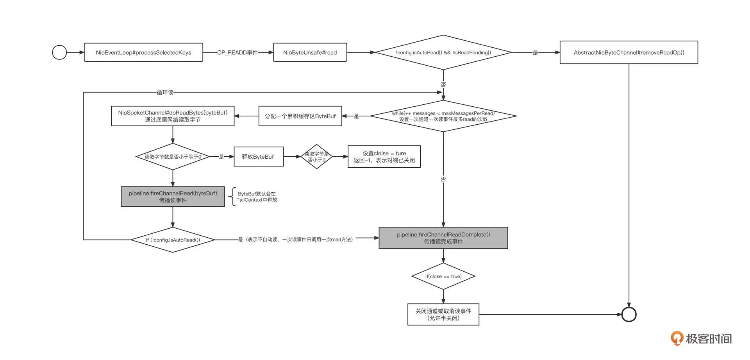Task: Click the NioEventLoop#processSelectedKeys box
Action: point(143,52)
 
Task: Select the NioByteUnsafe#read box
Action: point(310,52)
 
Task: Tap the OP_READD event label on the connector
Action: point(237,52)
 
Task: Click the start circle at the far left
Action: point(59,52)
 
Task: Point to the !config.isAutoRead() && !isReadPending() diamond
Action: point(443,52)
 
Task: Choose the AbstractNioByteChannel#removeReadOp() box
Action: point(629,52)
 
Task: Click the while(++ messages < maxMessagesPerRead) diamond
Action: point(443,116)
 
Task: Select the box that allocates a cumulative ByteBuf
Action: point(300,116)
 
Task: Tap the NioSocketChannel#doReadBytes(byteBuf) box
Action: point(173,116)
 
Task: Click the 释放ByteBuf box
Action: point(258,157)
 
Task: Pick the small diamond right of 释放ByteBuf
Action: point(317,157)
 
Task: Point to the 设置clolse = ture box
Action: point(384,157)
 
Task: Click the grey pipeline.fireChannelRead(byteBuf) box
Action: point(173,197)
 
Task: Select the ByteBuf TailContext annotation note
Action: point(256,197)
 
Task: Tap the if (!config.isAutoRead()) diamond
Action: point(173,240)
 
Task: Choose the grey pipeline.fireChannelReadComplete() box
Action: point(443,238)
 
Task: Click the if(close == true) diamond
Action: point(443,276)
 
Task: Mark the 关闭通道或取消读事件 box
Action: point(443,314)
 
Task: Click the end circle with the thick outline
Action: point(629,314)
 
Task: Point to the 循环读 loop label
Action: point(165,92)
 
